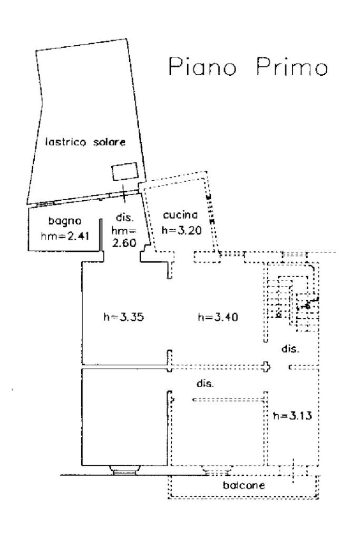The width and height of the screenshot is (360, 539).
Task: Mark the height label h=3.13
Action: coord(293,416)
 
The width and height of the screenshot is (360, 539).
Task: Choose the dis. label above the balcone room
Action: coord(205,384)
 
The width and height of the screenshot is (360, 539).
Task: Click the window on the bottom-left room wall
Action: coord(124,470)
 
